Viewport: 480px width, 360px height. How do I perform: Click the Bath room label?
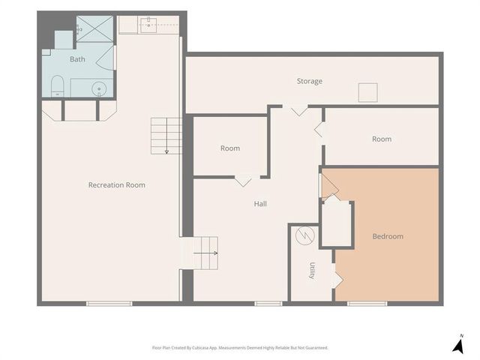[x=77, y=59]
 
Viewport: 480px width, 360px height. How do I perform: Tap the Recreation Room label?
[x=117, y=185]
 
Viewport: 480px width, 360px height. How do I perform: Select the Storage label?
[x=310, y=81]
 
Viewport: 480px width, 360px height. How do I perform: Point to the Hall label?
[x=260, y=204]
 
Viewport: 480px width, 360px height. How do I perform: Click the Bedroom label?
[x=388, y=236]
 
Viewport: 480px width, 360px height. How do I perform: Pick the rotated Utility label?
[x=312, y=271]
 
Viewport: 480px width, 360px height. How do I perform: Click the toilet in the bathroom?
[x=57, y=86]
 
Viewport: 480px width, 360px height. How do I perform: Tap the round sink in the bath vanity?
[x=99, y=88]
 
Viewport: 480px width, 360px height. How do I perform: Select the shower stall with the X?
[x=94, y=29]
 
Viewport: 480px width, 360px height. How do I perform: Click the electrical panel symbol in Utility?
[x=305, y=235]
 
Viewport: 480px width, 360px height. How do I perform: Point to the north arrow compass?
[x=458, y=345]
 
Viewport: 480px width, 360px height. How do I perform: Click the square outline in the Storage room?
[x=368, y=92]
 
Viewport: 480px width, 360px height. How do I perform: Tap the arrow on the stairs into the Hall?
[x=205, y=253]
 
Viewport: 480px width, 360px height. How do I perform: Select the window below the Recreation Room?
[x=109, y=304]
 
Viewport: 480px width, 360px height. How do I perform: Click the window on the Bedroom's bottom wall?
[x=367, y=304]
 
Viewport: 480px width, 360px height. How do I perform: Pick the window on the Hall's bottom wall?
[x=268, y=304]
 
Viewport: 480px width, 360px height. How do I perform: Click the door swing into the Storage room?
[x=299, y=110]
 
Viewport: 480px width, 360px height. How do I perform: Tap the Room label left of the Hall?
[x=230, y=148]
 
